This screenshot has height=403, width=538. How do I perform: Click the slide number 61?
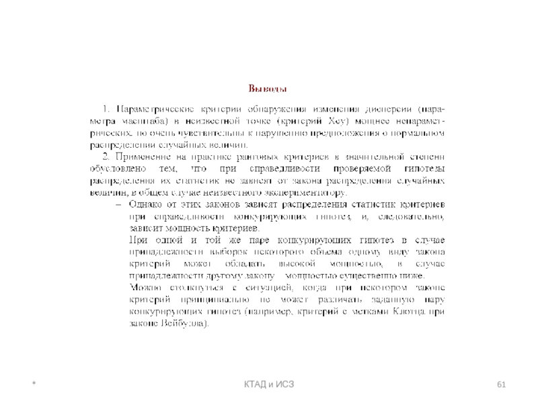500,384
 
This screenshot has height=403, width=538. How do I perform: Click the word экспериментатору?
305,193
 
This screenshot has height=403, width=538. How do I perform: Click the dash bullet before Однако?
118,205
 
